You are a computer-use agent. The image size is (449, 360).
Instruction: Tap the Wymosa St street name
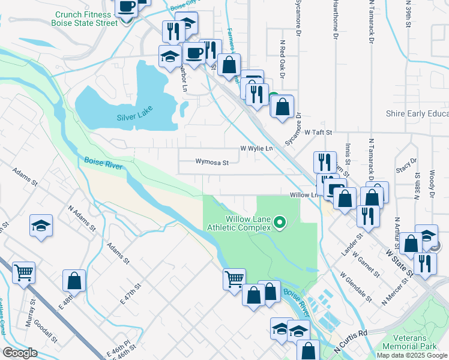[212, 162]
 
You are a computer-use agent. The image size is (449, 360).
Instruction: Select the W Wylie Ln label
[256, 148]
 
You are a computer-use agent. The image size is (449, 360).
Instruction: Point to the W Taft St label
[318, 131]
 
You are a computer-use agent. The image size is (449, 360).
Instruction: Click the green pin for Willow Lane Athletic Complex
[279, 224]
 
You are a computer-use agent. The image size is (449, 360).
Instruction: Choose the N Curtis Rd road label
[351, 341]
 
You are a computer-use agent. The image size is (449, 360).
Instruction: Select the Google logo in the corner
[19, 353]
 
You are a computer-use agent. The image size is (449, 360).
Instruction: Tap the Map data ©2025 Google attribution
[411, 355]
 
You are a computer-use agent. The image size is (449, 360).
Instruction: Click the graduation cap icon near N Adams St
[40, 226]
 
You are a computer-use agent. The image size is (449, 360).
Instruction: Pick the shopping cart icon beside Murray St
[23, 273]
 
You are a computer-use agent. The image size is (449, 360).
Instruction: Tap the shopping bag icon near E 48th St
[74, 280]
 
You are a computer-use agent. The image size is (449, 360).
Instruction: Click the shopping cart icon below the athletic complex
[234, 279]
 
